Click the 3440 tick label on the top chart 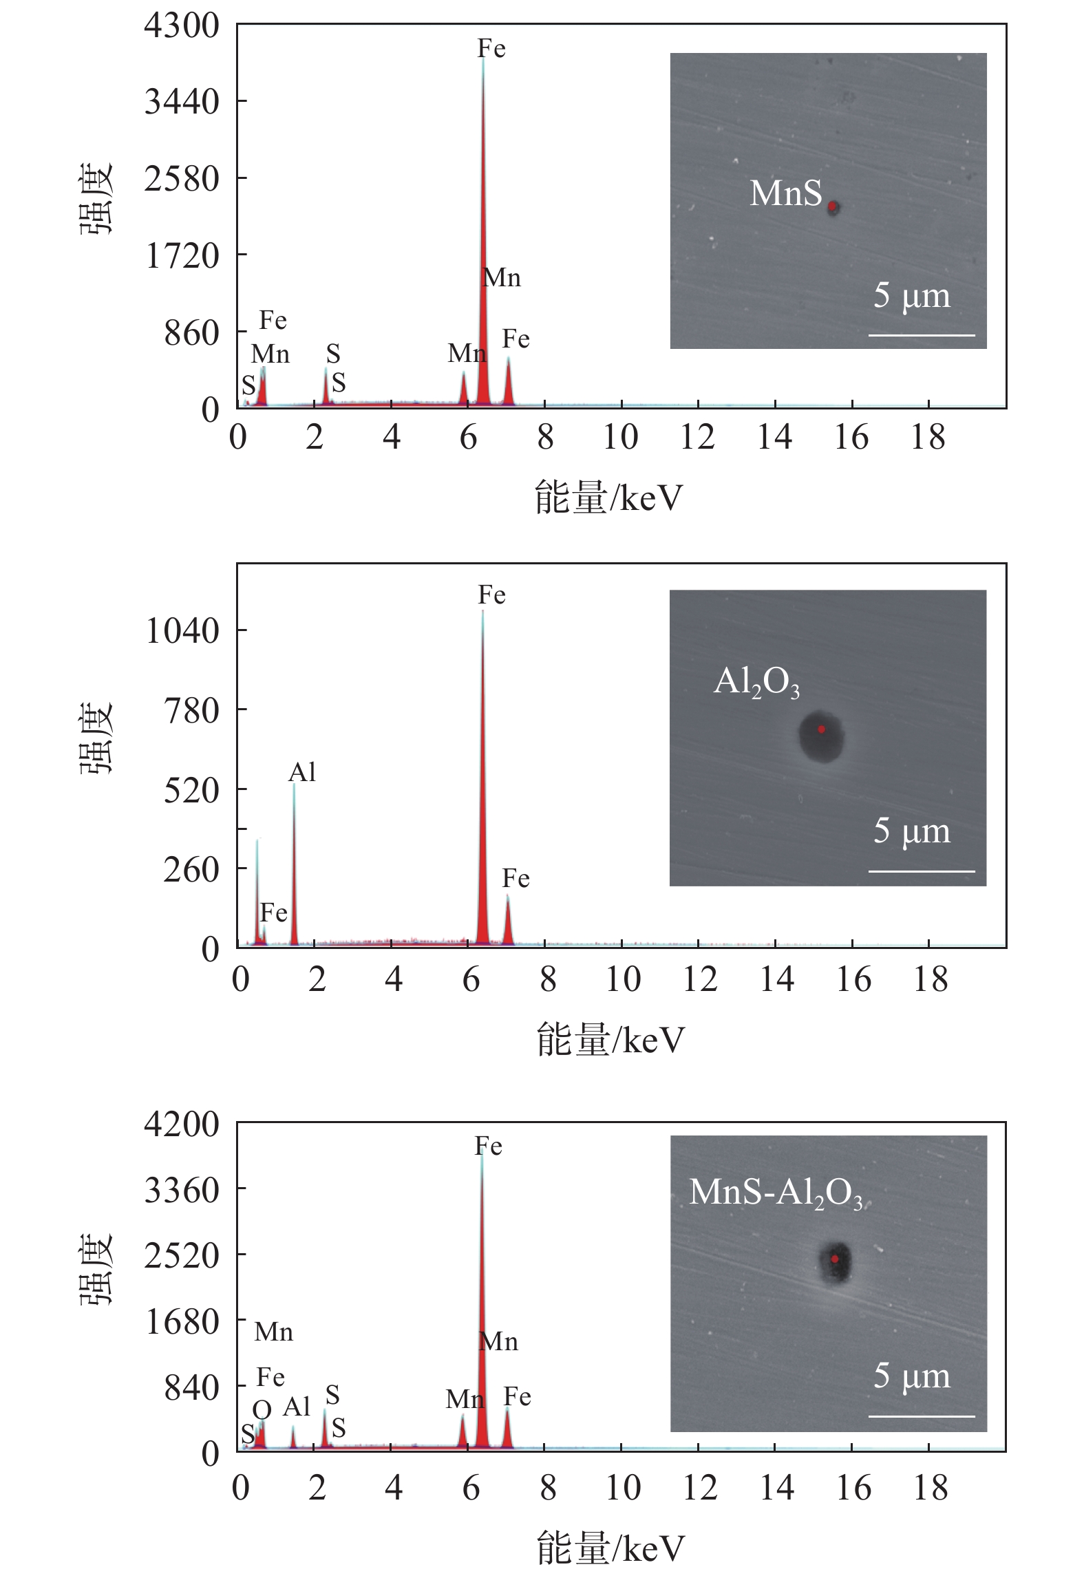(x=182, y=102)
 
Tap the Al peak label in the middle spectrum (x=302, y=773)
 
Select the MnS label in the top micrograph (x=785, y=193)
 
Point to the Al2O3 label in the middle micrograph (x=756, y=683)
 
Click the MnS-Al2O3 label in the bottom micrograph (x=775, y=1193)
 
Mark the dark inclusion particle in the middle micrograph (x=821, y=735)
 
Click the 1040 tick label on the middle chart (x=182, y=630)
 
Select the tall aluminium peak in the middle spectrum (x=294, y=867)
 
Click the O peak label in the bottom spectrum (x=262, y=1410)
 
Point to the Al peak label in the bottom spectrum (x=297, y=1407)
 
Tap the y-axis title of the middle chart (x=95, y=739)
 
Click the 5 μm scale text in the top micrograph (x=911, y=296)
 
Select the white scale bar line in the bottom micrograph (x=922, y=1416)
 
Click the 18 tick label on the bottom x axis (x=931, y=1488)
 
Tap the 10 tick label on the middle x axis (x=623, y=979)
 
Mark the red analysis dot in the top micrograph (x=832, y=206)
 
